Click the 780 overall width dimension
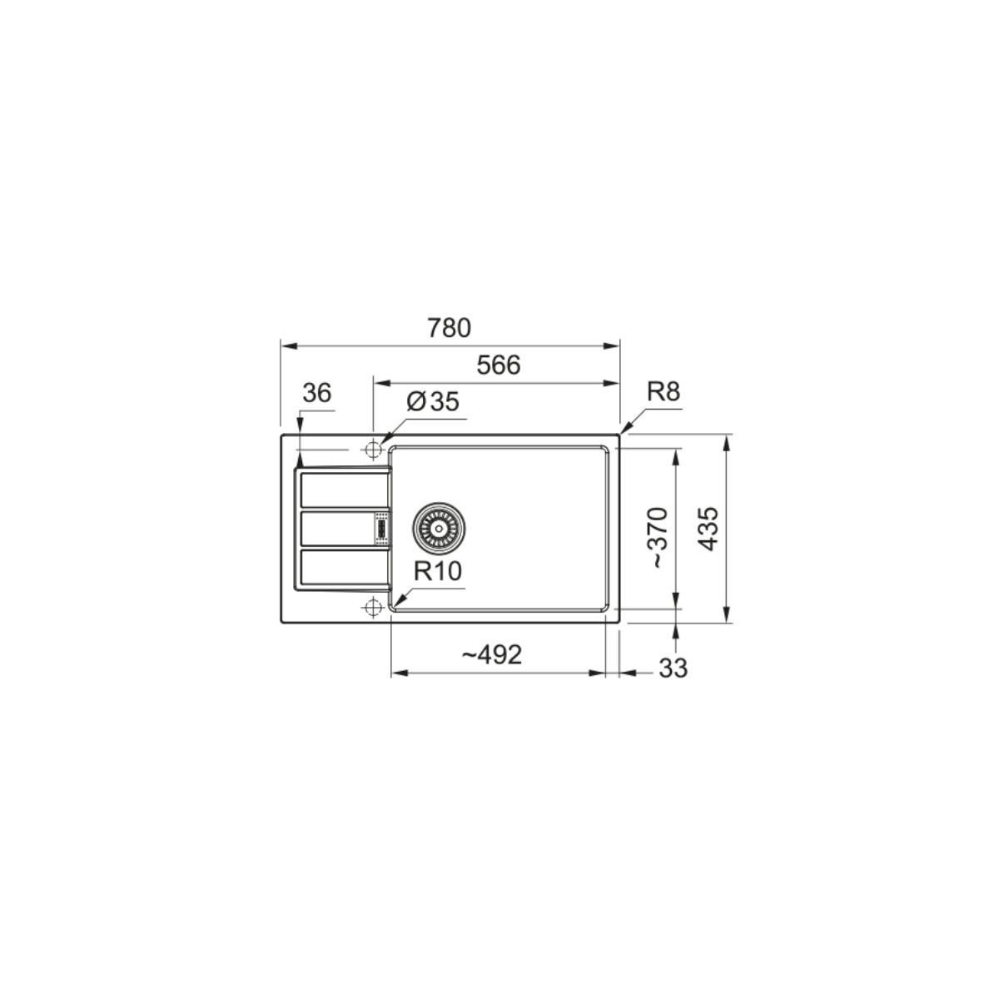449,328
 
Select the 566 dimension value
498,365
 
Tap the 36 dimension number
316,393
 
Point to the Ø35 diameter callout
433,401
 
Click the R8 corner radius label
663,392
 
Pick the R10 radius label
438,571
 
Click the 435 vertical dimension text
708,529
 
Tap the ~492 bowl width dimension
491,655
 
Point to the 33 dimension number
673,668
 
